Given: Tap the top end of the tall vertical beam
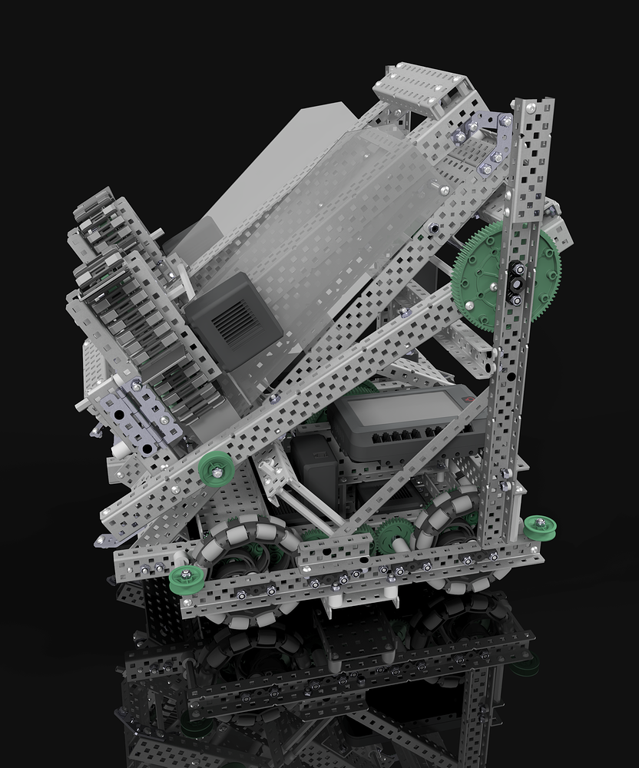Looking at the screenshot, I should tap(535, 111).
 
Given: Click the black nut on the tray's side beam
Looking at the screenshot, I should tap(435, 227).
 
